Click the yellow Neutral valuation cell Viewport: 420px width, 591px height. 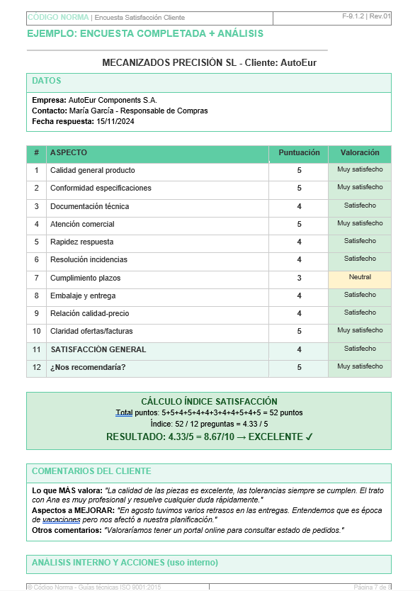(360, 277)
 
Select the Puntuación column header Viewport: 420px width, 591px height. (299, 153)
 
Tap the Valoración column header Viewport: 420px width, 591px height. (360, 153)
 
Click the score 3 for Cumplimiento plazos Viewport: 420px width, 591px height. (299, 278)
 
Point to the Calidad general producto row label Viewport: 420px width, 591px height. (92, 171)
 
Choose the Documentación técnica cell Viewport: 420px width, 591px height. (89, 206)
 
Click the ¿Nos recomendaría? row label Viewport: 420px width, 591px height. (88, 367)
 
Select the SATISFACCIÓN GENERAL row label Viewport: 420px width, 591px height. (98, 349)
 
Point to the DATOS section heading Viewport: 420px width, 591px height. (47, 81)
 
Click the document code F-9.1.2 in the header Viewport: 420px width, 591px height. (352, 16)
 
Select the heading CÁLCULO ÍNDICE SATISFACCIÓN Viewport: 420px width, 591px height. (209, 402)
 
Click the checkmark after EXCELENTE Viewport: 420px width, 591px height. (309, 437)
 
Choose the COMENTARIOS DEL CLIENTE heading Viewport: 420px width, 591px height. (91, 471)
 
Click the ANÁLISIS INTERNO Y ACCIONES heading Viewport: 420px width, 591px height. (125, 563)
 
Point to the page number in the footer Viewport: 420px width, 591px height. (372, 587)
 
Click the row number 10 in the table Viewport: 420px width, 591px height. (37, 331)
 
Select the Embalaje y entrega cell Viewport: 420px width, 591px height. (82, 295)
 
